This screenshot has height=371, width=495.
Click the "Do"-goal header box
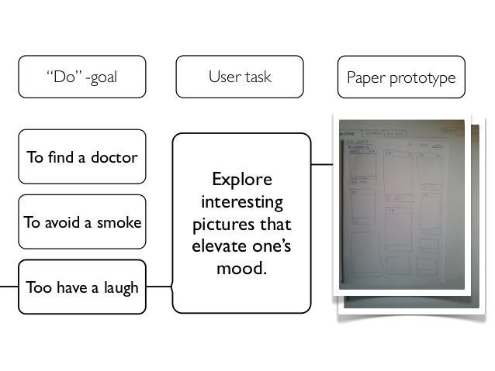point(82,77)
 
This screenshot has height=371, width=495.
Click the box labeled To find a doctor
point(82,157)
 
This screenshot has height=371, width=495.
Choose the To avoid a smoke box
point(82,222)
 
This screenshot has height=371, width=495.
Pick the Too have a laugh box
point(82,287)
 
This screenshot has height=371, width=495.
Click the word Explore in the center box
point(241,180)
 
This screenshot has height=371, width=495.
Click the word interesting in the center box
point(241,203)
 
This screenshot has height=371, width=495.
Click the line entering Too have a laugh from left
point(9,287)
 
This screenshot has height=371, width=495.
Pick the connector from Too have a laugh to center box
point(159,287)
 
